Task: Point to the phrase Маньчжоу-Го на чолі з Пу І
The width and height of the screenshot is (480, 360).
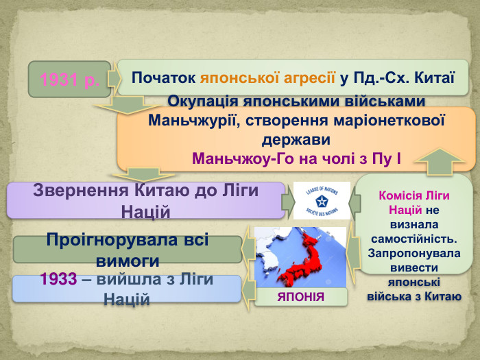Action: (x=296, y=160)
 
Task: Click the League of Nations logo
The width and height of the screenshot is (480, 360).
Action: (x=322, y=200)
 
